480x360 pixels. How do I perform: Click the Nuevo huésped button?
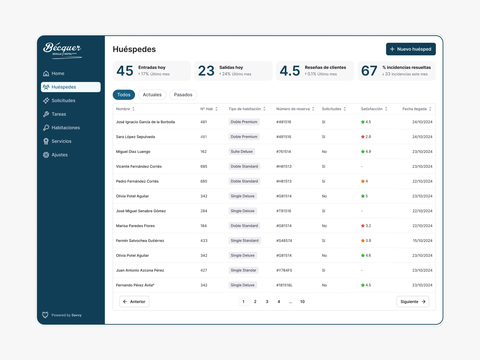point(411,49)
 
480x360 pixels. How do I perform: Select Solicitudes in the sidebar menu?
point(63,101)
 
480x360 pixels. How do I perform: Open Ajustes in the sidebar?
point(59,155)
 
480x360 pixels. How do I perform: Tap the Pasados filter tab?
point(183,95)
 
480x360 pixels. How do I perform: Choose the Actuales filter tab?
point(152,95)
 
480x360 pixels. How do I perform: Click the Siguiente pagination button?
point(413,302)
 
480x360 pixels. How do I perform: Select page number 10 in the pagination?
point(302,302)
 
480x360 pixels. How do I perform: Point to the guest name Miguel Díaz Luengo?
point(133,151)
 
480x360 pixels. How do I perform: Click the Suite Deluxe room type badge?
point(242,151)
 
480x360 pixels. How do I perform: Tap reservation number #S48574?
point(284,241)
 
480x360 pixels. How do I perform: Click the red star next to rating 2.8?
point(363,137)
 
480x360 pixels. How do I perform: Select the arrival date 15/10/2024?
point(422,241)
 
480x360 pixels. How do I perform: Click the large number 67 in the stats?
point(369,71)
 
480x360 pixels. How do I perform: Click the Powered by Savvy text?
point(66,315)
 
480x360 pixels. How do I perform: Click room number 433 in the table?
point(204,241)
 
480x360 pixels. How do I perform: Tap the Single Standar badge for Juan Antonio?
point(243,270)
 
